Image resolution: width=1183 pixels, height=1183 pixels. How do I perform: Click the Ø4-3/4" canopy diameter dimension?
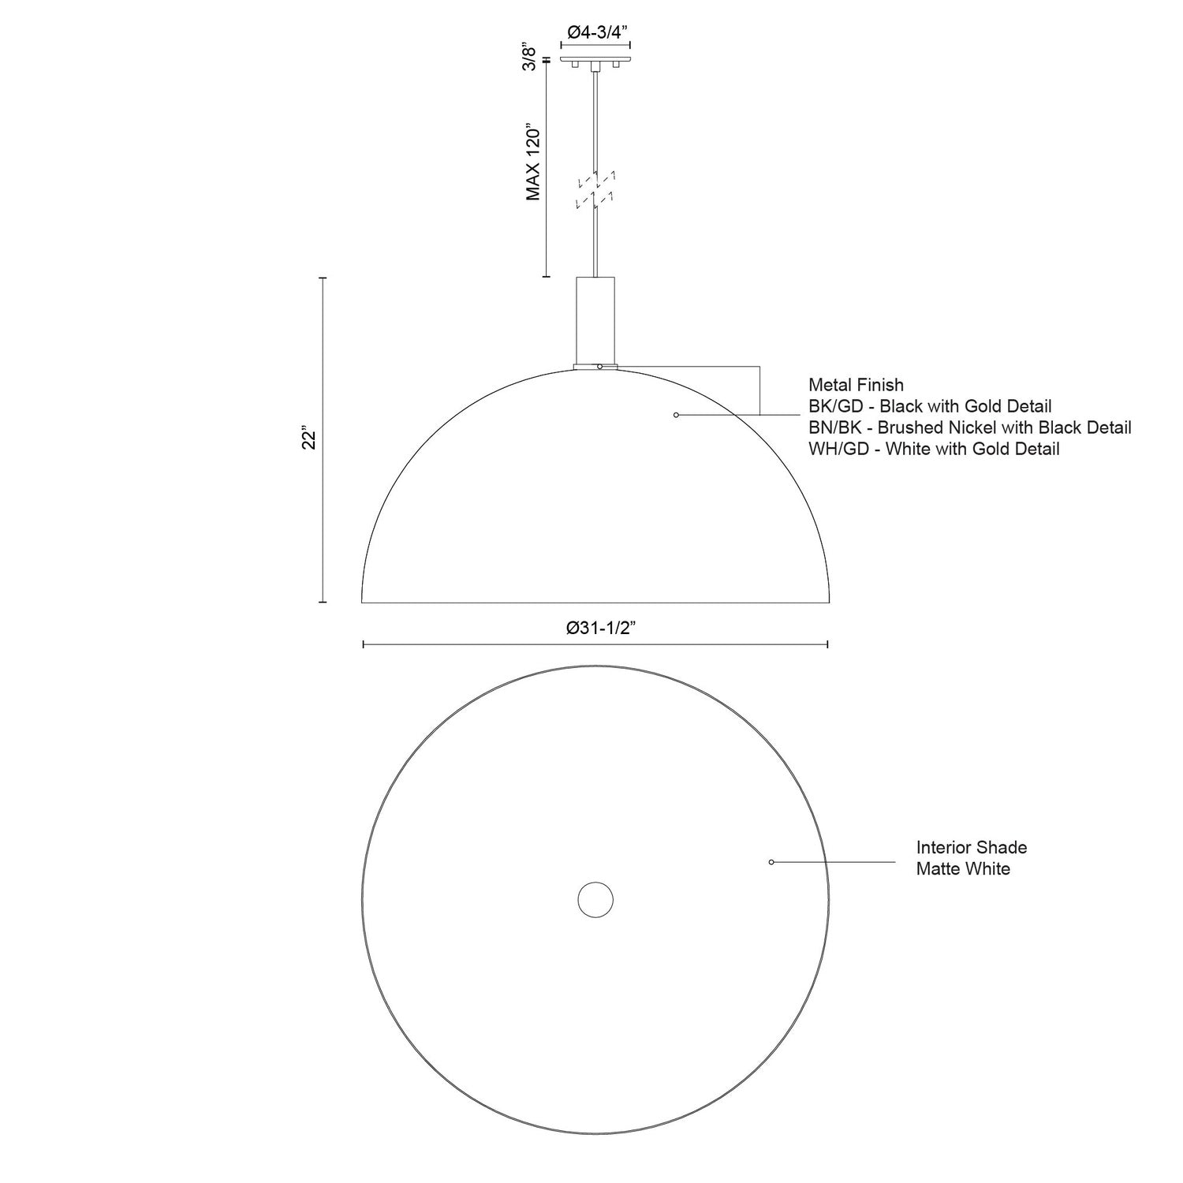(596, 32)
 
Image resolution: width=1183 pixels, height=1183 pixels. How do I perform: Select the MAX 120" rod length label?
(534, 161)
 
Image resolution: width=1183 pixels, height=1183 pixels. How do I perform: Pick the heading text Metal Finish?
(856, 385)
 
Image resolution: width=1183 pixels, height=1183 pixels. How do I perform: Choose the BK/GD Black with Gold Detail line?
(930, 406)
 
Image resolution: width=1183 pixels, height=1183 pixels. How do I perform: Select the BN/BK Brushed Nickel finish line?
(969, 427)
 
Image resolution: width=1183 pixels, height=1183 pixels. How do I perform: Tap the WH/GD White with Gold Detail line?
(933, 449)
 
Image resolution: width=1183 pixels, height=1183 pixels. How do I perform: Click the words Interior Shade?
(971, 848)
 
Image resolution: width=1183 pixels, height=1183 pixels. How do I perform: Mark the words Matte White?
(962, 869)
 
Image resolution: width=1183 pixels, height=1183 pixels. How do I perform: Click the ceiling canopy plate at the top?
(596, 58)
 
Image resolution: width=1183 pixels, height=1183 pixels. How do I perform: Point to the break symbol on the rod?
(596, 189)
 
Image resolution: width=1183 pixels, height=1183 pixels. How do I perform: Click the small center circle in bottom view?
(595, 900)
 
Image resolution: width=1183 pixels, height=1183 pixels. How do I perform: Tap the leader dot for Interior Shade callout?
(771, 862)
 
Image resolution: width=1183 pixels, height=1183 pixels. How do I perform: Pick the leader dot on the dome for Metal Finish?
(676, 415)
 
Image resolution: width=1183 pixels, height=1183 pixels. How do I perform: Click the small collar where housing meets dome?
(595, 366)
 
